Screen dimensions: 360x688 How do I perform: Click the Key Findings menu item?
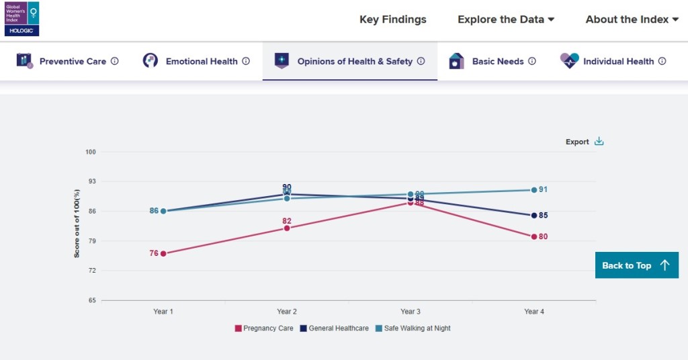[392, 19]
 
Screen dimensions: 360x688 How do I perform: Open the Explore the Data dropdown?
[505, 19]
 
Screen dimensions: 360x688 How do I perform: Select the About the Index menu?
[632, 19]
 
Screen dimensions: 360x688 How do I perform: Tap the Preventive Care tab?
[67, 61]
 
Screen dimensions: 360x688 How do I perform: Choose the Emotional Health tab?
[196, 61]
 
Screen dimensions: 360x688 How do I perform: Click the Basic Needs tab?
[492, 61]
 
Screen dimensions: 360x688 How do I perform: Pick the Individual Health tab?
[613, 61]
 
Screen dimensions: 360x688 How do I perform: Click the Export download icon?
[599, 142]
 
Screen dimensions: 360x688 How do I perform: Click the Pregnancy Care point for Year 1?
[163, 253]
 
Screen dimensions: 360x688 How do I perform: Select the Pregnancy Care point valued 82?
[287, 228]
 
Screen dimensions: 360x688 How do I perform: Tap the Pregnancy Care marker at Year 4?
[534, 236]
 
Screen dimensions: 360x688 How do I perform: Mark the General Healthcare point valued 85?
[534, 216]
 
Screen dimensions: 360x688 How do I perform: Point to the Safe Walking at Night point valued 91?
[534, 190]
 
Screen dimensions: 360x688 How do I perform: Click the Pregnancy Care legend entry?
[263, 328]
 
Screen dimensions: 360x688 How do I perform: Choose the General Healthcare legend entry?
[334, 328]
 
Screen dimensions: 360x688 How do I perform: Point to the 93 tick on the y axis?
[91, 181]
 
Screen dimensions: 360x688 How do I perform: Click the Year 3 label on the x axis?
[411, 312]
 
